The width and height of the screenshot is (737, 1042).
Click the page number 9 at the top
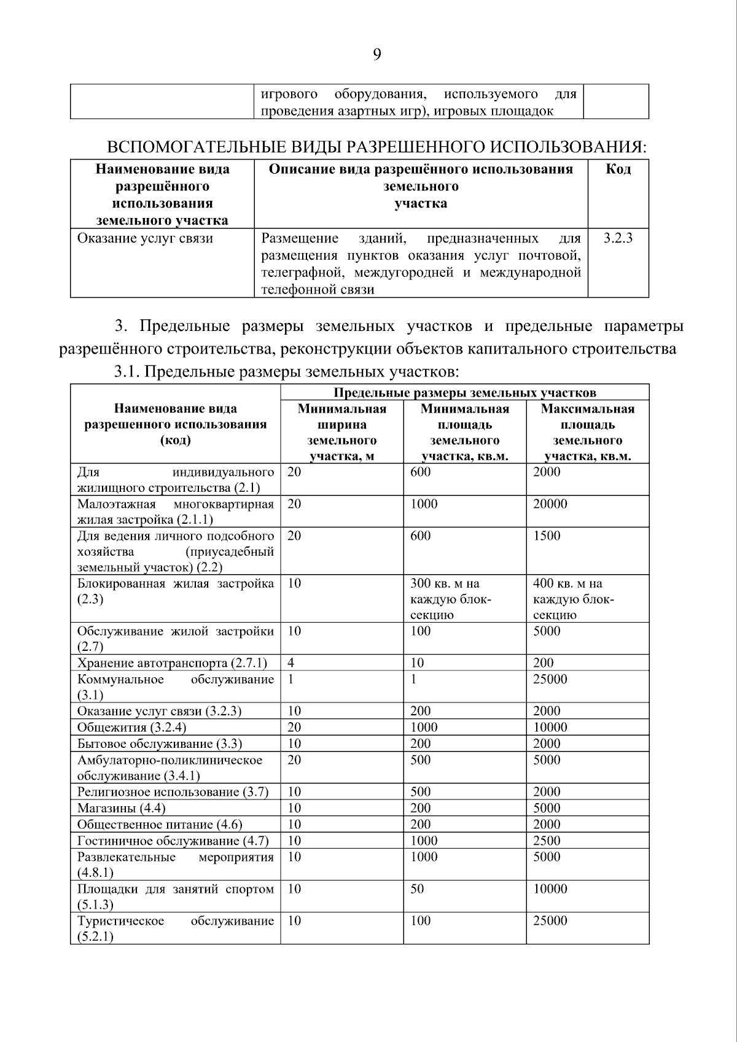point(376,55)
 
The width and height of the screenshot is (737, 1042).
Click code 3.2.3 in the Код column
point(617,238)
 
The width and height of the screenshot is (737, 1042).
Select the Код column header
point(618,169)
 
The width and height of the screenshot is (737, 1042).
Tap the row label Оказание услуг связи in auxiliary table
point(145,238)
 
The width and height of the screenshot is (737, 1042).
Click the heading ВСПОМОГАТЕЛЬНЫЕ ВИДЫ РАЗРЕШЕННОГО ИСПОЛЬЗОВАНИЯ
point(376,147)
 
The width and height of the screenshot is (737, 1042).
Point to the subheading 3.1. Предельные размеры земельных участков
point(286,371)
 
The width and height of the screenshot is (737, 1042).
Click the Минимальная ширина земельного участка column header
point(341,432)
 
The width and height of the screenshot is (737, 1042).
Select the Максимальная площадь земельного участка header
point(587,432)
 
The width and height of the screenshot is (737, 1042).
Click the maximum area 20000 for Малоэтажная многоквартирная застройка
point(550,504)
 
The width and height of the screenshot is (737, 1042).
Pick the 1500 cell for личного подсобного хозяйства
point(547,536)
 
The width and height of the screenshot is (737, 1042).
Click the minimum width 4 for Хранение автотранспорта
point(291,663)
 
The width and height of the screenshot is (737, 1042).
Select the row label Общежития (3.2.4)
point(131,728)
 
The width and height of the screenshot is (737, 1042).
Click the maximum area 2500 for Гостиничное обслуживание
point(547,841)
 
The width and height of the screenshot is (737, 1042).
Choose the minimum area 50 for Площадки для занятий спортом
point(417,889)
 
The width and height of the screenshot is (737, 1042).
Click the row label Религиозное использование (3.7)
point(173,792)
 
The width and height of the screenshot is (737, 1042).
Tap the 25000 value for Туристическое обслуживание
point(550,921)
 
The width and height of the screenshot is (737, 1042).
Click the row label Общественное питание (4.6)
point(160,825)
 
